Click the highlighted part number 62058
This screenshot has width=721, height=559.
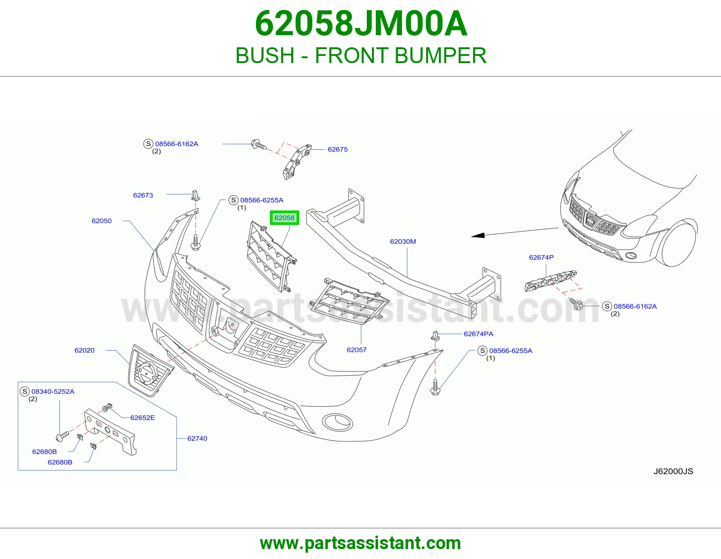284,218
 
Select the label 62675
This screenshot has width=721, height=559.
338,149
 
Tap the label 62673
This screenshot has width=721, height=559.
143,195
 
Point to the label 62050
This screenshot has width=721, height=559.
101,221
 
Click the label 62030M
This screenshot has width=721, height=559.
403,241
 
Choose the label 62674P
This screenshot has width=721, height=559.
541,257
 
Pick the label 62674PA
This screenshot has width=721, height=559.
479,334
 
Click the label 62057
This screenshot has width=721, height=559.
357,349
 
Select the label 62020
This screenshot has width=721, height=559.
84,350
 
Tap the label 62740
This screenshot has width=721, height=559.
197,438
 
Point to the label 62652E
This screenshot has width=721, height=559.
142,417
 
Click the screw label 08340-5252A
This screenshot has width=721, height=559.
53,391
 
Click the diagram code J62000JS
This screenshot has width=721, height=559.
673,472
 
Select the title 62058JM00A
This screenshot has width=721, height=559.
361,24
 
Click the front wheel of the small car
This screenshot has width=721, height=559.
677,243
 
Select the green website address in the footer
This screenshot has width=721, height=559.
360,543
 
